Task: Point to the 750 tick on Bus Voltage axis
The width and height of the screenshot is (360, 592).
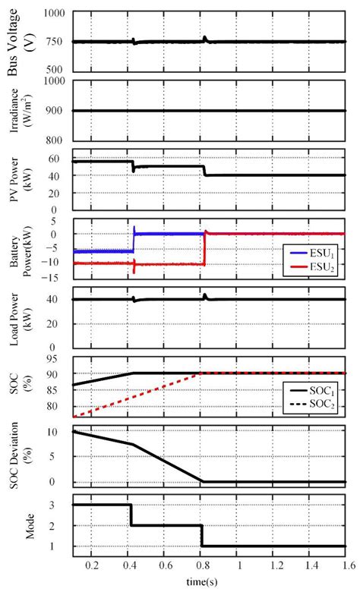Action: [x=55, y=43]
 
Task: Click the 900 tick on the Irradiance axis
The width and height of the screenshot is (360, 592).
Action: [x=55, y=112]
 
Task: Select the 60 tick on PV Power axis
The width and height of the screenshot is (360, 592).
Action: [x=58, y=159]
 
